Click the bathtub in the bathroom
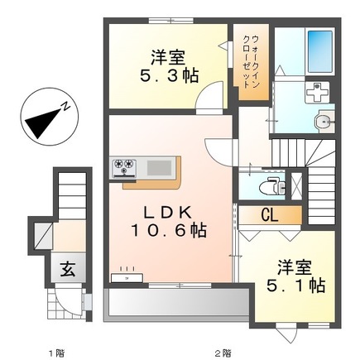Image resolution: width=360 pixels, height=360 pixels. pos(319,49)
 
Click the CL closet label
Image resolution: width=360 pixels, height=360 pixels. pos(269,216)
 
